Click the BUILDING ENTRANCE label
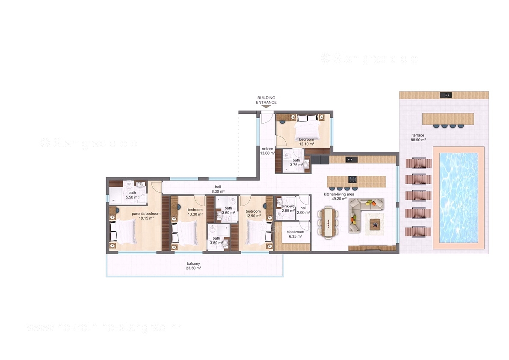(x=266, y=100)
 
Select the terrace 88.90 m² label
(x=418, y=137)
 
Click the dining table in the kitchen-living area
(x=328, y=222)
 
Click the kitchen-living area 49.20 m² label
(x=339, y=196)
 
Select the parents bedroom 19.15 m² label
(x=146, y=216)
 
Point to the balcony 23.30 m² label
(x=193, y=265)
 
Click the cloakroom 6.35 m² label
(x=295, y=234)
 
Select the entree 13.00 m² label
(x=266, y=151)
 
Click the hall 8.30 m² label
(x=218, y=189)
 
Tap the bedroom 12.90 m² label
(x=253, y=213)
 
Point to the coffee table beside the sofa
(x=375, y=223)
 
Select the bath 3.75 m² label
(x=296, y=162)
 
